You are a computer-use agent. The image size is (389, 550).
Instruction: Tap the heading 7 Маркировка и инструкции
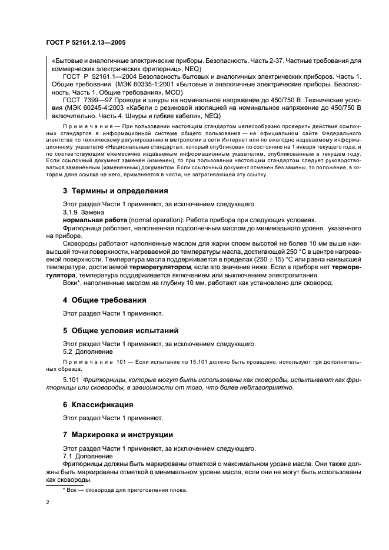pyautogui.click(x=118, y=435)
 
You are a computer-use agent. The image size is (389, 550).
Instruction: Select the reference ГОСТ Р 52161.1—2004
pyautogui.click(x=101, y=77)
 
